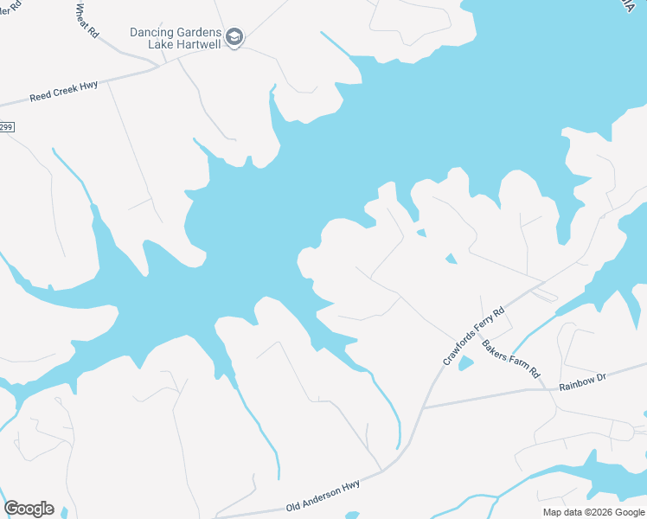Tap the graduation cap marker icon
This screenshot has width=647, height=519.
tap(234, 37)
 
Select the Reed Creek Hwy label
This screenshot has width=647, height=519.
tap(63, 93)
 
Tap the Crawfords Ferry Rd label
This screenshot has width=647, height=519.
tap(473, 336)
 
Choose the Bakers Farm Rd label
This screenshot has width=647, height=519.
tap(510, 359)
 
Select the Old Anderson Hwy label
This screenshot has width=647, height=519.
tap(323, 500)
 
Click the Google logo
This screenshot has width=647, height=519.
tap(29, 509)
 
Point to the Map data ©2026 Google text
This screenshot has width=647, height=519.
tap(593, 512)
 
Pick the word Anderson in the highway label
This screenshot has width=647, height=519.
tap(323, 500)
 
